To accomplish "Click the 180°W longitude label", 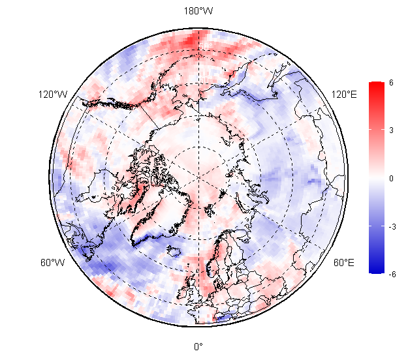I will pos(198,12).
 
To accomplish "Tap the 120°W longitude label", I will pos(53,95).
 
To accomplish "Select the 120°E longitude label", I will pos(344,95).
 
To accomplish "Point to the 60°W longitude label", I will pos(53,263).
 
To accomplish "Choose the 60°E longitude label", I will pos(344,263).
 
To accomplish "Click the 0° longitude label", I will pos(198,346).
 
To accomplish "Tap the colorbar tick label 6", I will pos(391,83).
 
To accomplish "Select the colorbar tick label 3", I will pos(391,130).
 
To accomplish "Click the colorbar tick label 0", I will pos(391,178).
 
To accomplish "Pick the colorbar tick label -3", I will pos(391,226).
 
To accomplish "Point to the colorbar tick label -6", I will pos(391,274).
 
